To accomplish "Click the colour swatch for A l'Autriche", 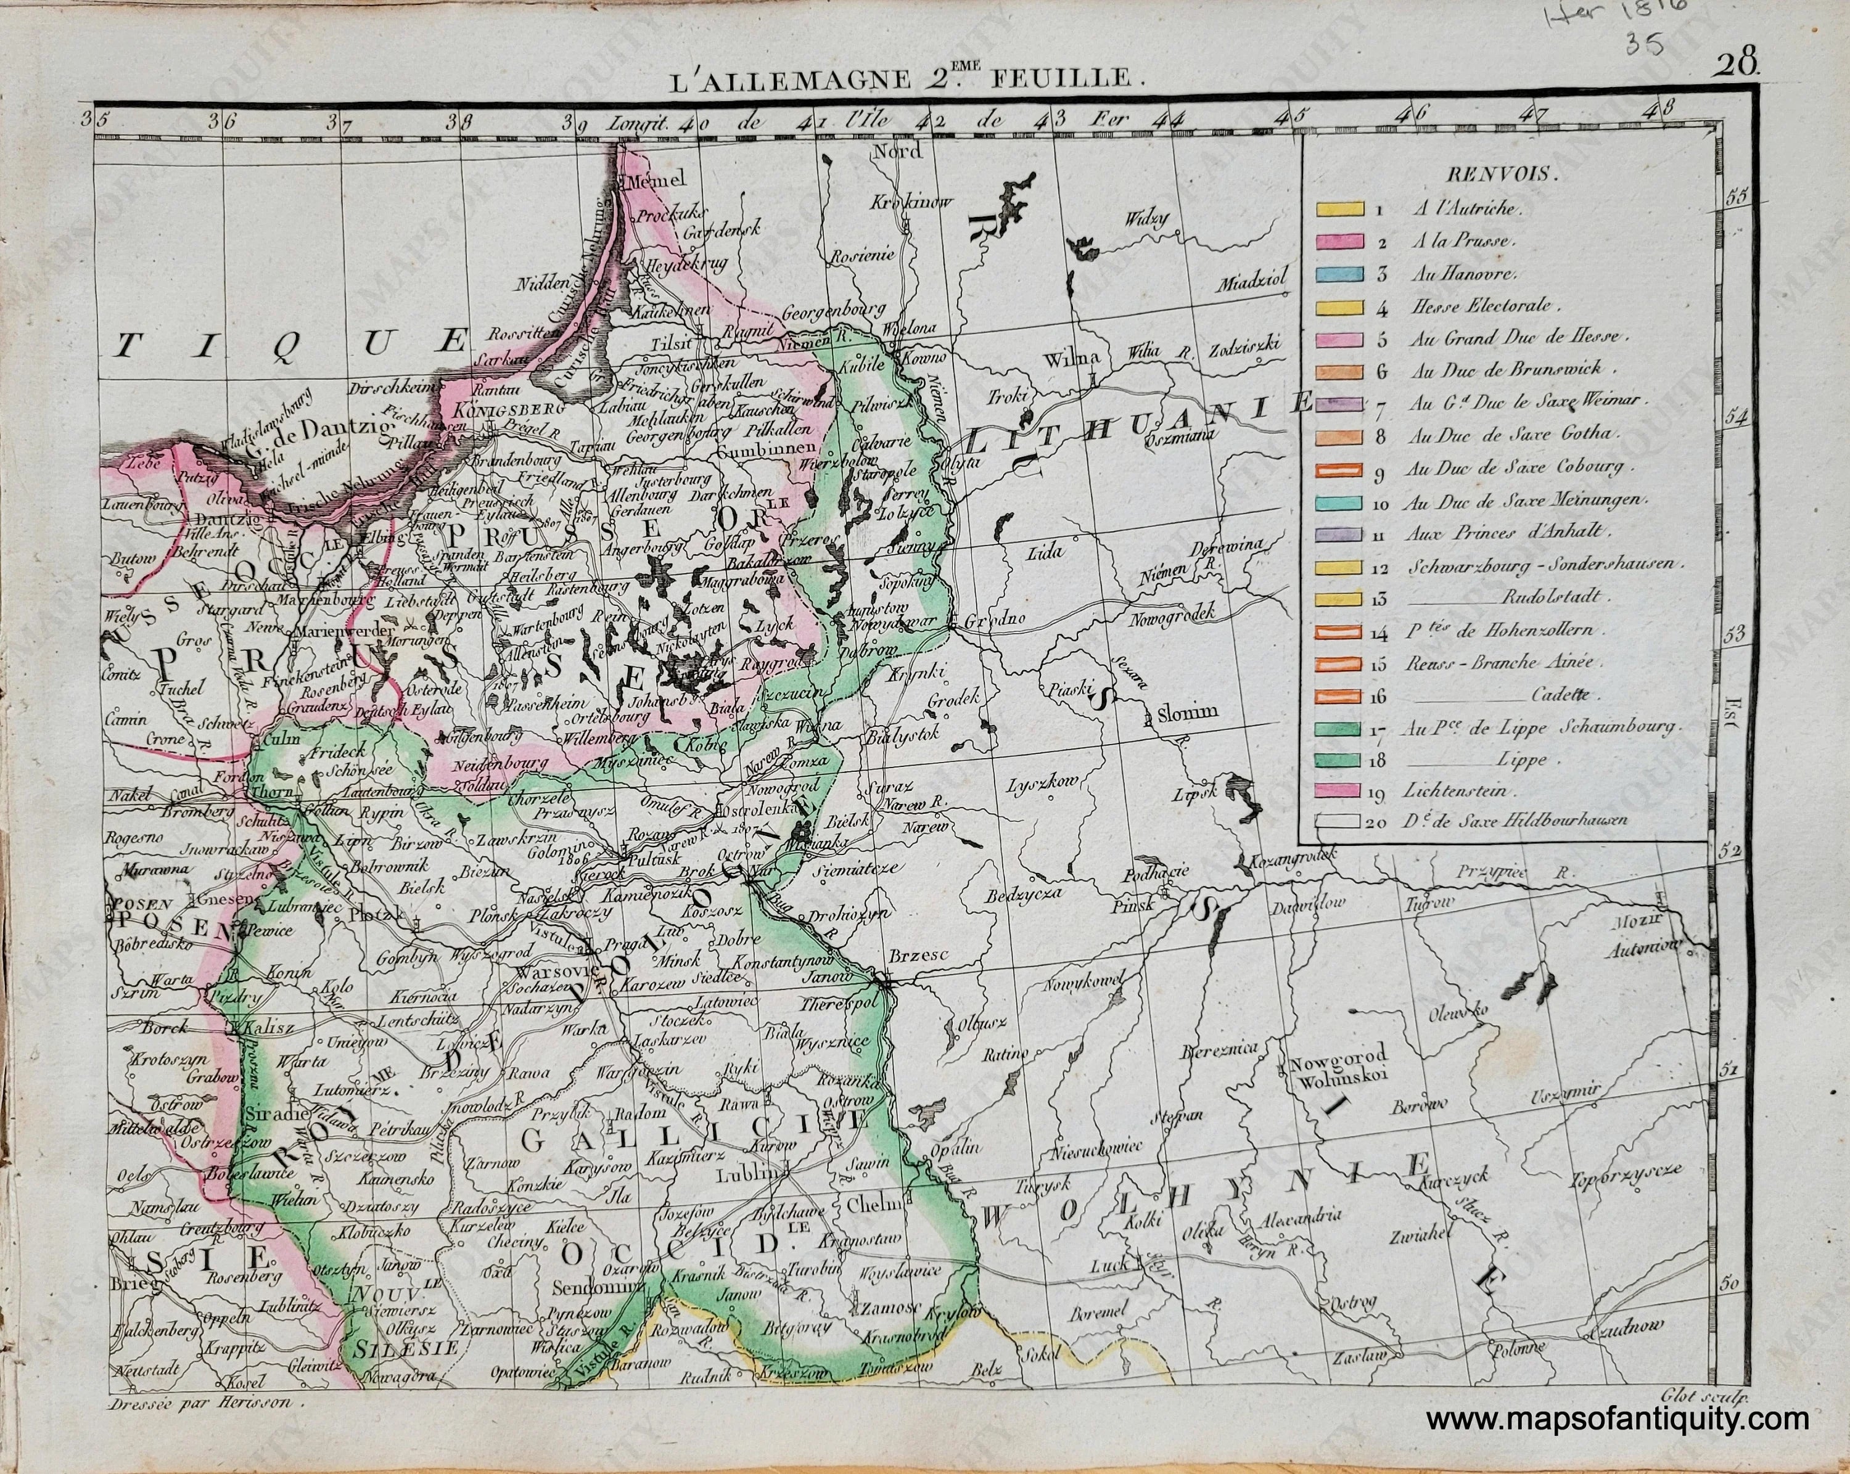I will (1339, 208).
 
